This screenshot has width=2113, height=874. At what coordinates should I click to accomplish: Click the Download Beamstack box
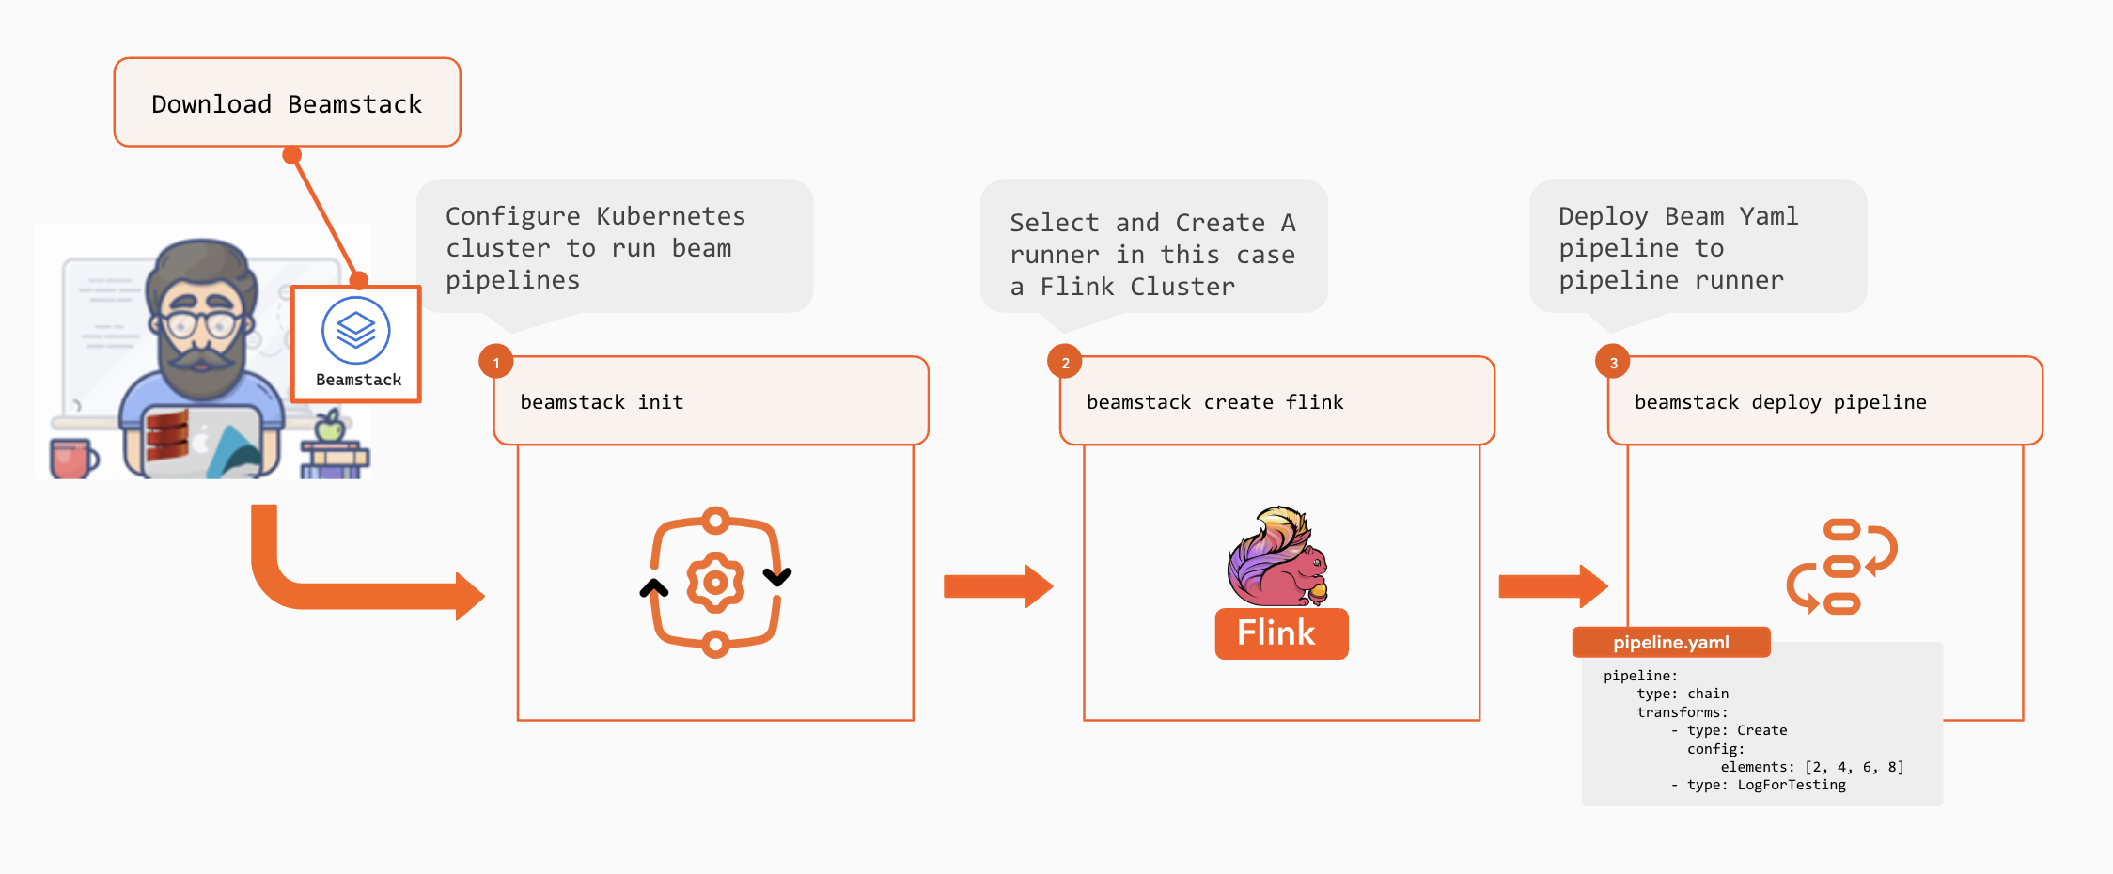[x=287, y=102]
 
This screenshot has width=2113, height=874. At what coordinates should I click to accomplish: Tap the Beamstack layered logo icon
[x=355, y=330]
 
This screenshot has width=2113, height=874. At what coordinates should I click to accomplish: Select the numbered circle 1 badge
[x=495, y=363]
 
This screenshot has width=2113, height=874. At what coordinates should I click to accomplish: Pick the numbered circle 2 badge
[x=1064, y=363]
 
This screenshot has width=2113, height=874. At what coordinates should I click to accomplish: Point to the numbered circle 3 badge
[x=1613, y=363]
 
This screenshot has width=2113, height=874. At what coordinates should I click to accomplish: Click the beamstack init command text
[x=602, y=402]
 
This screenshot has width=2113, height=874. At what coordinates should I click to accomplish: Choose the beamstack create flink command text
[x=1214, y=402]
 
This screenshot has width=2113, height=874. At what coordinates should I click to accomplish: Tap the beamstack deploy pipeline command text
[x=1779, y=402]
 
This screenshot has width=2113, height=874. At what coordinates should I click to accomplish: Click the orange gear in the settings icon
[x=715, y=583]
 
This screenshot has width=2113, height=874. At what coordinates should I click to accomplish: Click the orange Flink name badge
[x=1280, y=633]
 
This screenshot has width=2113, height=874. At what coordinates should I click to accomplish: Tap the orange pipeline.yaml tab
[x=1670, y=643]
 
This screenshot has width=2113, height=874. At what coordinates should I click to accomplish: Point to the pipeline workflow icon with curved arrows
[x=1841, y=567]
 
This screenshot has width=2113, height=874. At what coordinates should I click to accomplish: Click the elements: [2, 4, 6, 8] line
[x=1811, y=767]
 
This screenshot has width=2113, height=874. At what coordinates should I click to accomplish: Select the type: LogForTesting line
[x=1758, y=785]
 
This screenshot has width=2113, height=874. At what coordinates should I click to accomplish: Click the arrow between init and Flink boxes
[x=997, y=586]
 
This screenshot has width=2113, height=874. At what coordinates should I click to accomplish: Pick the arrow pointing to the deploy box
[x=1553, y=586]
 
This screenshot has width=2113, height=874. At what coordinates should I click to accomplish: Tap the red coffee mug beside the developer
[x=72, y=459]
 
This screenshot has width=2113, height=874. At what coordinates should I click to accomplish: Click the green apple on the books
[x=329, y=428]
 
